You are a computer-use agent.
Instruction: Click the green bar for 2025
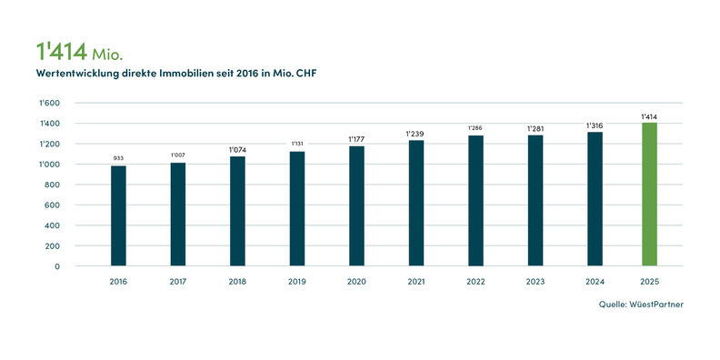coord(649,195)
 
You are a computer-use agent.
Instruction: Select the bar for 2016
coord(118,215)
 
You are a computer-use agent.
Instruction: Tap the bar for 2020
coord(356,206)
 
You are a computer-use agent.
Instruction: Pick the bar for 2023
coord(535,201)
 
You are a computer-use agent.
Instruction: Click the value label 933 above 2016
coord(118,158)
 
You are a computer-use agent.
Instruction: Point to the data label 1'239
coord(415,134)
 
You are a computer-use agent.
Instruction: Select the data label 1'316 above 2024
coord(594,125)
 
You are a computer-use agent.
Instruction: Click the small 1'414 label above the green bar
coord(649,117)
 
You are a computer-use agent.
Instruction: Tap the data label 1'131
coord(297,144)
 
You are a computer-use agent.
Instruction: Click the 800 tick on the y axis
coord(54,185)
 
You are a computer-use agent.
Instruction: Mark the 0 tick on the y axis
coord(57,266)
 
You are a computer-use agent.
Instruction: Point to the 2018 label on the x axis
coord(237,282)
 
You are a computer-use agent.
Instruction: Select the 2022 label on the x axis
coord(475,282)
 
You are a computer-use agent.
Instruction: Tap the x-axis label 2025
coord(649,282)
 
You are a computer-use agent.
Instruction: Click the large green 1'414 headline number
coord(62,52)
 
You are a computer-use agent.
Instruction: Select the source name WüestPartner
coord(656,305)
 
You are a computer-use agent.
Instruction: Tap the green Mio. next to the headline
coord(107,55)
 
